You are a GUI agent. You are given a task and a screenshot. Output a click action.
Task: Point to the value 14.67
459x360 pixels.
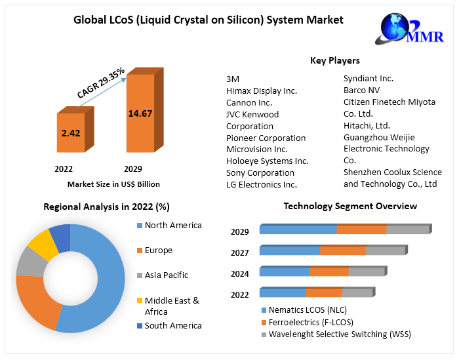tap(140, 113)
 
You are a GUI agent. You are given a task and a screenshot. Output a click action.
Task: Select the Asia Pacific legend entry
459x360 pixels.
tap(166, 275)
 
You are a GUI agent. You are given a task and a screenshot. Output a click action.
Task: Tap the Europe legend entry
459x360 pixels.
tap(158, 250)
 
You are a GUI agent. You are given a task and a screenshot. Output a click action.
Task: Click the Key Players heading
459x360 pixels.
tap(334, 60)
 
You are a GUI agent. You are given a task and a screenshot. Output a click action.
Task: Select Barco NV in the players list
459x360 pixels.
tap(361, 90)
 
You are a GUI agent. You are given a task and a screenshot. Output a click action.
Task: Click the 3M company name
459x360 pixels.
tap(233, 79)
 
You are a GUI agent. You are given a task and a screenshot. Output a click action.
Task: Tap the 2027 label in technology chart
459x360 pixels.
tap(239, 253)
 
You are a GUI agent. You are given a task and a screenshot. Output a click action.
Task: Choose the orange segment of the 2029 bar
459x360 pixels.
tap(361, 230)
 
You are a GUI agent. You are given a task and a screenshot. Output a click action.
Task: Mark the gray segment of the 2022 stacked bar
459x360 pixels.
tap(357, 292)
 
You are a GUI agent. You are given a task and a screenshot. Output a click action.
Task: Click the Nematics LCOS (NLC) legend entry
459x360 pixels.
tap(308, 310)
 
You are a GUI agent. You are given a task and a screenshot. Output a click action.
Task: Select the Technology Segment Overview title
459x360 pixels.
tap(350, 206)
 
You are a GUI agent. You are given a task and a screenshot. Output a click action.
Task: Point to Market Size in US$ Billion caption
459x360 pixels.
tap(113, 184)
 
